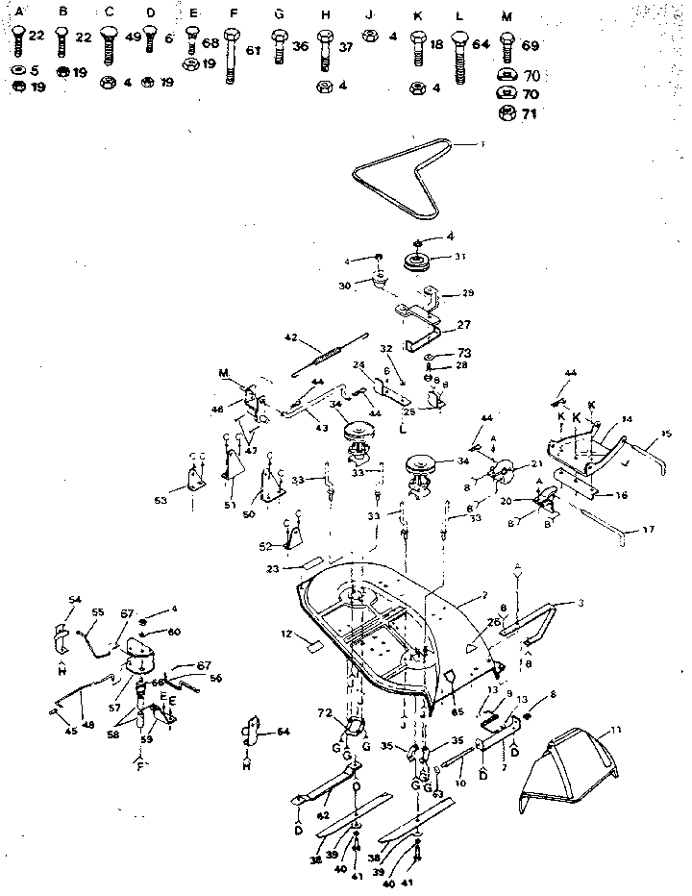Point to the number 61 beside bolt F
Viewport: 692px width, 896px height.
pyautogui.click(x=255, y=51)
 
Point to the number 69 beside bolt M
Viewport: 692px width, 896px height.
pyautogui.click(x=531, y=45)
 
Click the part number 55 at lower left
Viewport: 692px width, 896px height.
pyautogui.click(x=97, y=610)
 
